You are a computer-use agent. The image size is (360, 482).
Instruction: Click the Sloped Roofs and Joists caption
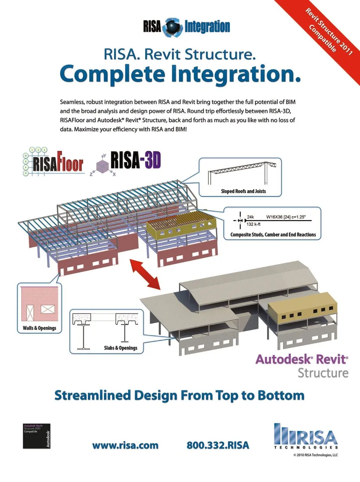point(243,191)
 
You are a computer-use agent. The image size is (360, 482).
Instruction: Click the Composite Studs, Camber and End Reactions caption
point(273,235)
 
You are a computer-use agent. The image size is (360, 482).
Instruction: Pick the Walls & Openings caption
point(39,328)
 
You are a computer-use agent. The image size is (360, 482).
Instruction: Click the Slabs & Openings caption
point(120,348)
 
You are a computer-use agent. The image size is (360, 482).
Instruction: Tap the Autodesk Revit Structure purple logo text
point(302,359)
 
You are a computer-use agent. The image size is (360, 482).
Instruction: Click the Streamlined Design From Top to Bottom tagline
point(179,395)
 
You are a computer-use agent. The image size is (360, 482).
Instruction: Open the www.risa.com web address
point(125,446)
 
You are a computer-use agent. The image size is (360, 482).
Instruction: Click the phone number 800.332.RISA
point(218,446)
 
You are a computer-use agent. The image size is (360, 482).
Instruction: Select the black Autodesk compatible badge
point(36,436)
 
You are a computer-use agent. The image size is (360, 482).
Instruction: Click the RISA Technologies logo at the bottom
point(306,437)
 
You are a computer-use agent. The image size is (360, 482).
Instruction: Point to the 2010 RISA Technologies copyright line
point(315,455)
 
